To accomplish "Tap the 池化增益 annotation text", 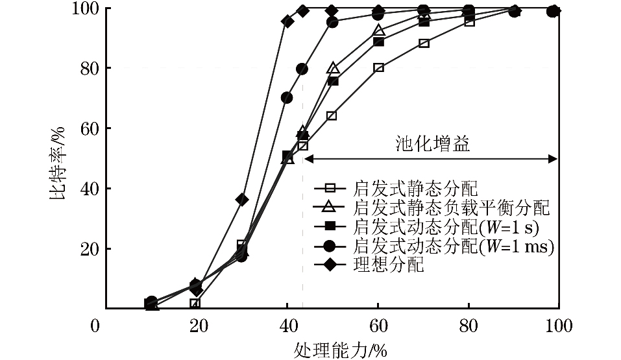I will [433, 144].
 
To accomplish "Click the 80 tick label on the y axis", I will [91, 68].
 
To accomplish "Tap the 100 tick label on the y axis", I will [88, 8].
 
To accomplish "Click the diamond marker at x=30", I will [242, 199].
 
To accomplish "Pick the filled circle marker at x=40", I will [287, 98].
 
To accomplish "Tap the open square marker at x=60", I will [378, 67].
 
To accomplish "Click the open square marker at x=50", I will [332, 115].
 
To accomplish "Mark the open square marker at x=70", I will [424, 43].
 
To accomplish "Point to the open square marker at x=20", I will [195, 303].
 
